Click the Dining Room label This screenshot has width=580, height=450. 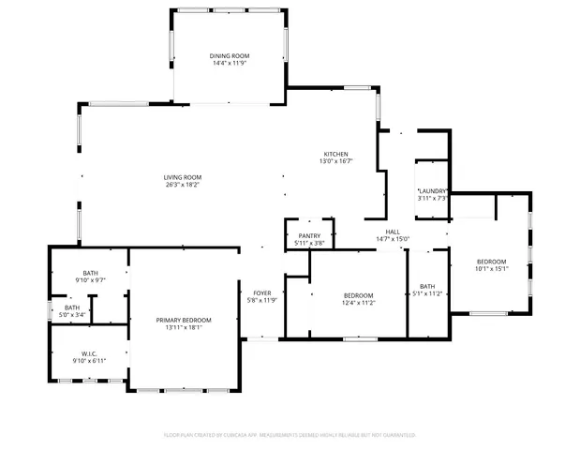coord(230,56)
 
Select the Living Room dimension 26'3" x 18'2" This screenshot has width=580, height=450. coord(184,185)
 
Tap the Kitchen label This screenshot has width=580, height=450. coord(336,154)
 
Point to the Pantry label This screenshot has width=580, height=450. coord(309,236)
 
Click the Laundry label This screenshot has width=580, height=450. coord(432,191)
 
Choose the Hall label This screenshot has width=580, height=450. coord(394,231)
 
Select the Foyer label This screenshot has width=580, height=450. coord(262,292)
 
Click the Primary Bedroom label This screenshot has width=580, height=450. coord(184,320)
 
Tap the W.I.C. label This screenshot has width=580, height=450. coord(89,354)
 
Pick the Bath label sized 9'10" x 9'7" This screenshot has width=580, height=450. coord(89,273)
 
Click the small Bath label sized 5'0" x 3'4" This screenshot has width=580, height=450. coord(72,307)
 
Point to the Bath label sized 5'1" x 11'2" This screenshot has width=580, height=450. coord(427,286)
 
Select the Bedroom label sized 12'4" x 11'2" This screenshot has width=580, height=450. coord(358,295)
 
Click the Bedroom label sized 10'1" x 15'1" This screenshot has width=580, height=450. coord(491,262)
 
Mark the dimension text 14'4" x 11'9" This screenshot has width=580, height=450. coord(230,64)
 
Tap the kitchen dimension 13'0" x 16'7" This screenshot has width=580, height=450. coord(336,161)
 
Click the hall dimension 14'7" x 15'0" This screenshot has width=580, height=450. coord(394,238)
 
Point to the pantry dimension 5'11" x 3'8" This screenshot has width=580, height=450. coord(309,244)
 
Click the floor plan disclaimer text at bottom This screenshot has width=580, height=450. coord(290,435)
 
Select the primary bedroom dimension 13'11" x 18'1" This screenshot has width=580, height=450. coord(184,327)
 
